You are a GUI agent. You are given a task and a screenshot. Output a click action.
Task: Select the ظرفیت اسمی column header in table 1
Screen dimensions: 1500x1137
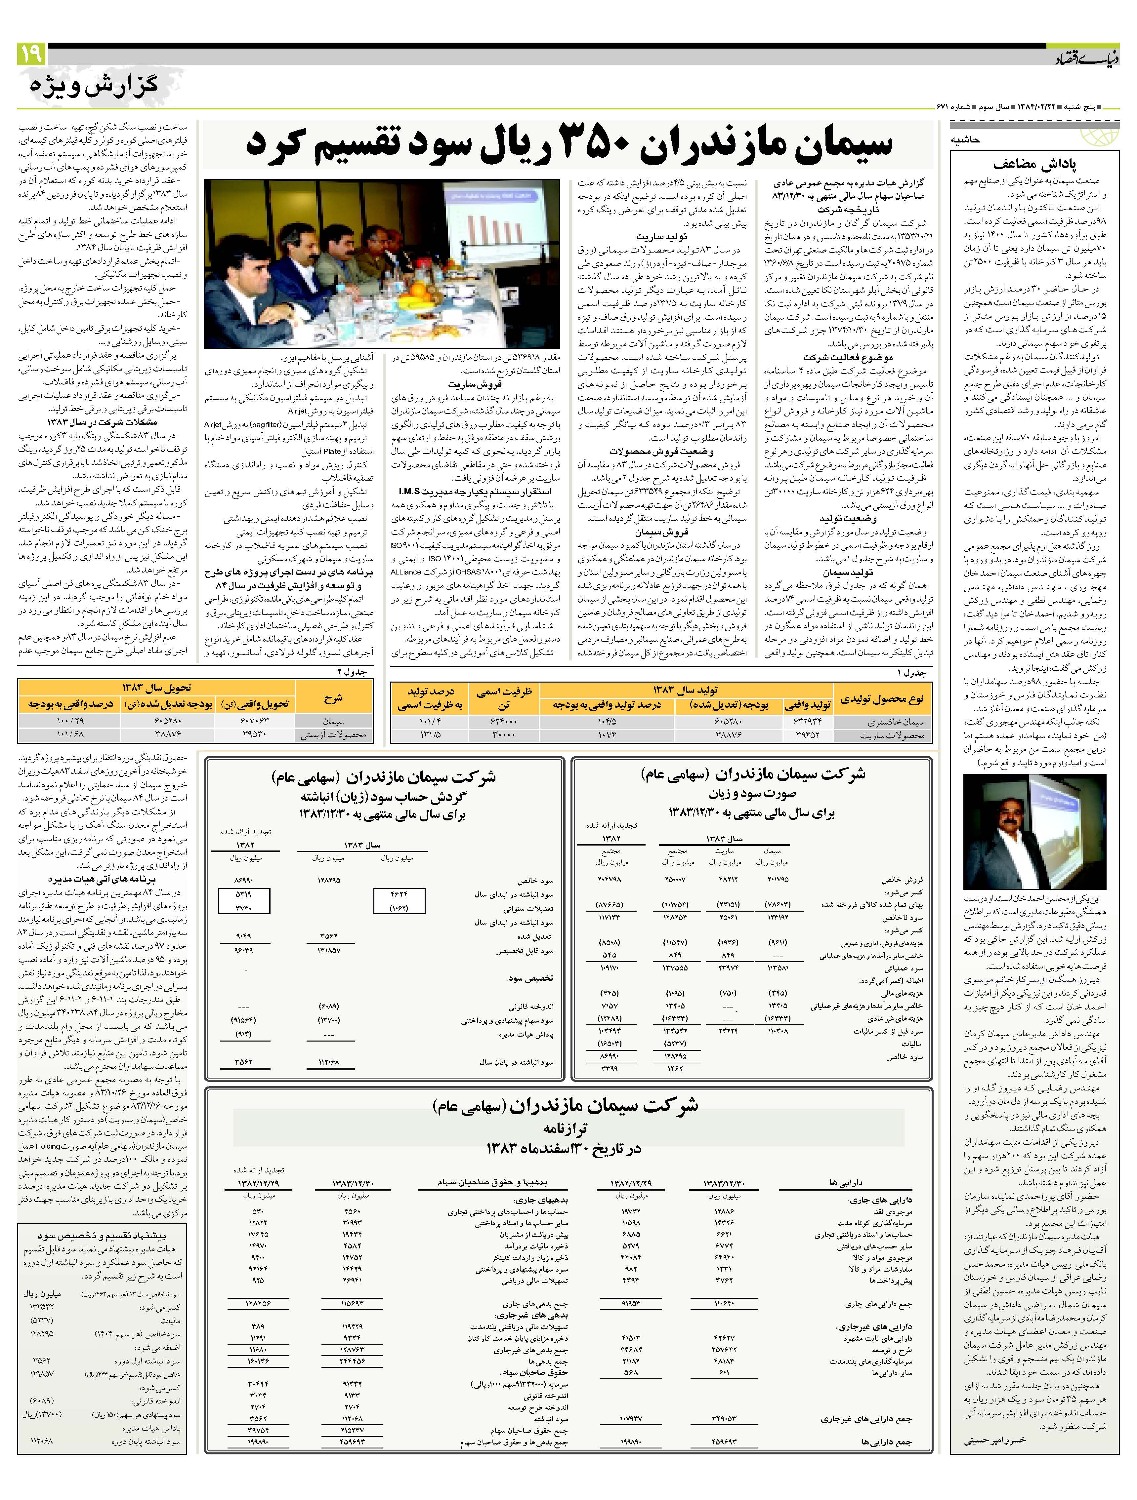(x=504, y=698)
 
